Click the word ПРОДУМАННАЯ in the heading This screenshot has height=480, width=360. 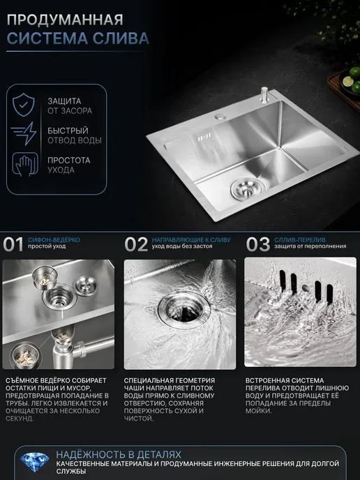pyautogui.click(x=65, y=20)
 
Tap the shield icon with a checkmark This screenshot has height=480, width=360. pyautogui.click(x=24, y=105)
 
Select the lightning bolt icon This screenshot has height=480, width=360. pyautogui.click(x=24, y=133)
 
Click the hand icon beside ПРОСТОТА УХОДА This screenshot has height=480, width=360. pyautogui.click(x=25, y=164)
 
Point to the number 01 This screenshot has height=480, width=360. pyautogui.click(x=13, y=244)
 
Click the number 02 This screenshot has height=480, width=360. pyautogui.click(x=136, y=244)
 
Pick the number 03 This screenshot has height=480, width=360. pyautogui.click(x=258, y=244)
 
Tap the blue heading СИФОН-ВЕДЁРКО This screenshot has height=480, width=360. pyautogui.click(x=54, y=240)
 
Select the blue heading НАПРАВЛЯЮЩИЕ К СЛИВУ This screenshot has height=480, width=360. pyautogui.click(x=191, y=240)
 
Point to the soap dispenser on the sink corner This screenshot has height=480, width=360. pyautogui.click(x=264, y=96)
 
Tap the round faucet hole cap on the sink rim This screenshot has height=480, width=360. pyautogui.click(x=220, y=116)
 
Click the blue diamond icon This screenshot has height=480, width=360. pyautogui.click(x=35, y=462)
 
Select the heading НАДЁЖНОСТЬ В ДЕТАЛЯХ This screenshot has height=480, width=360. pyautogui.click(x=119, y=454)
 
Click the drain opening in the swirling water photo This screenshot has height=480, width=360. pyautogui.click(x=183, y=310)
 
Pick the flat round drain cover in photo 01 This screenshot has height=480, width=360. pyautogui.click(x=86, y=286)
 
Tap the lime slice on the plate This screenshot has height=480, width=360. pyautogui.click(x=348, y=81)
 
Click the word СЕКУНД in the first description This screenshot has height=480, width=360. pyautogui.click(x=20, y=419)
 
